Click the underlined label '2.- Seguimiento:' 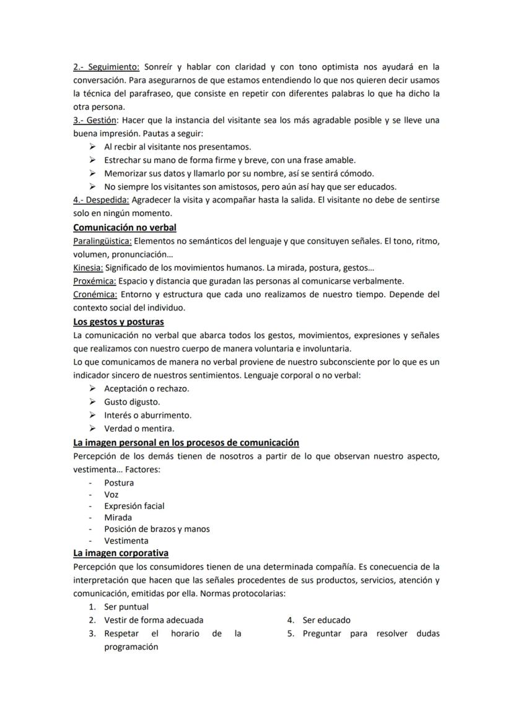[x=107, y=66]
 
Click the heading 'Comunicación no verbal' [x=125, y=227]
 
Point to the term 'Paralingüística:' [x=102, y=241]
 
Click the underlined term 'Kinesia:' [x=88, y=267]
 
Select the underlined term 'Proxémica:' [x=95, y=280]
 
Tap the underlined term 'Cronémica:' [x=95, y=294]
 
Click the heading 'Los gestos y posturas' [x=118, y=321]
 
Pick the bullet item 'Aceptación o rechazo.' [x=146, y=388]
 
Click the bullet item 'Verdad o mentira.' [x=139, y=428]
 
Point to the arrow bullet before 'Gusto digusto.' [x=92, y=402]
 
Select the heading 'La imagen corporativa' [x=121, y=552]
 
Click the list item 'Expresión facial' [x=134, y=506]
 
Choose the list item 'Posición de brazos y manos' [x=157, y=529]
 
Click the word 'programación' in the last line [x=131, y=646]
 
